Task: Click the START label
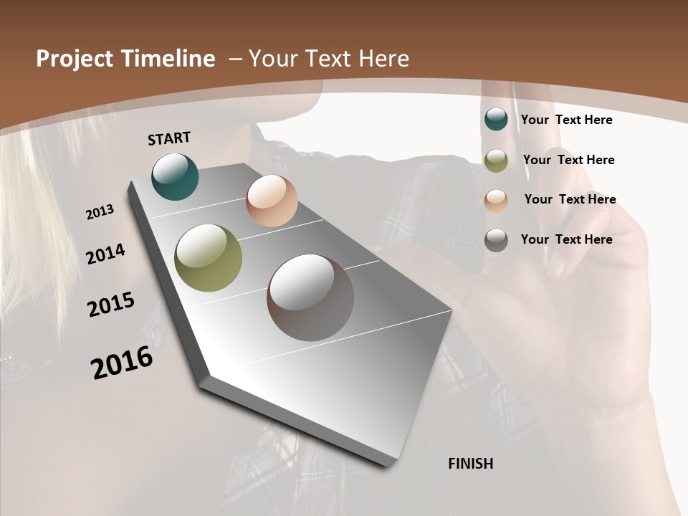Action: pyautogui.click(x=169, y=138)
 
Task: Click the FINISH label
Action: pyautogui.click(x=470, y=464)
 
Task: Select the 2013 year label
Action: pyautogui.click(x=100, y=212)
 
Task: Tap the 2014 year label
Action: pyautogui.click(x=105, y=254)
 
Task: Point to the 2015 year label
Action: pyautogui.click(x=111, y=305)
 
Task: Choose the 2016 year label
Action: pyautogui.click(x=122, y=362)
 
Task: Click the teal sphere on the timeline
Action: pyautogui.click(x=175, y=176)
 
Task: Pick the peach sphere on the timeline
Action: pyautogui.click(x=272, y=201)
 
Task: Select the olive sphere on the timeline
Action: pyautogui.click(x=208, y=257)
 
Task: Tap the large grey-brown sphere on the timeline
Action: pyautogui.click(x=310, y=297)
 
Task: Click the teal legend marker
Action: pyautogui.click(x=496, y=119)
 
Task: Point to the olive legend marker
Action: pyautogui.click(x=496, y=161)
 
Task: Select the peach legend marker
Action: pyautogui.click(x=496, y=200)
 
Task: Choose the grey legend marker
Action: pyautogui.click(x=496, y=240)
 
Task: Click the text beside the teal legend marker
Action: pyautogui.click(x=566, y=120)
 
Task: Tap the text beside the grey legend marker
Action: pyautogui.click(x=566, y=239)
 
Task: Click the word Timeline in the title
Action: pyautogui.click(x=170, y=59)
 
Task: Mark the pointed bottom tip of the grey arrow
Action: pyautogui.click(x=387, y=466)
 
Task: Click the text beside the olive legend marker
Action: pyautogui.click(x=568, y=160)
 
